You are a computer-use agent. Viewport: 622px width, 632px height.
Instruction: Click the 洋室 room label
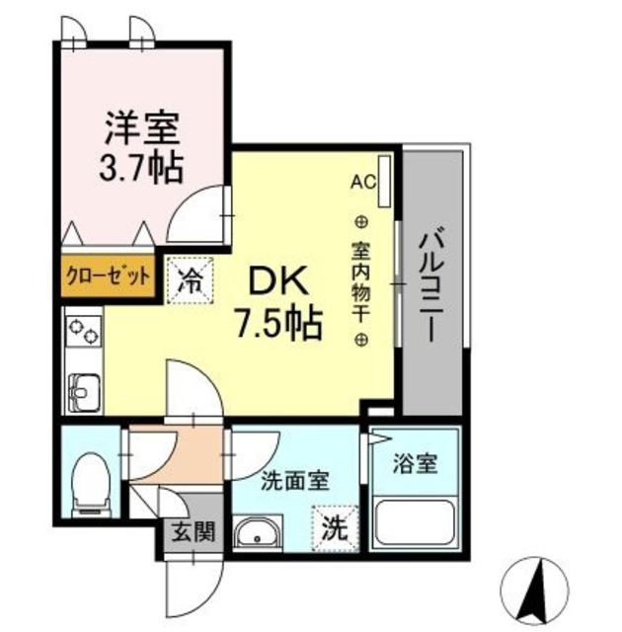[143, 129]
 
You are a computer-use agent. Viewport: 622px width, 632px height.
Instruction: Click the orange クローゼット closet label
[108, 276]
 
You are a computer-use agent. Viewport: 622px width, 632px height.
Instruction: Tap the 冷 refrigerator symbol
[193, 276]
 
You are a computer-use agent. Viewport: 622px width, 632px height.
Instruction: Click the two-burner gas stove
[83, 331]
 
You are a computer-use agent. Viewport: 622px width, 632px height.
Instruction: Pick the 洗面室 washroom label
[294, 485]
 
